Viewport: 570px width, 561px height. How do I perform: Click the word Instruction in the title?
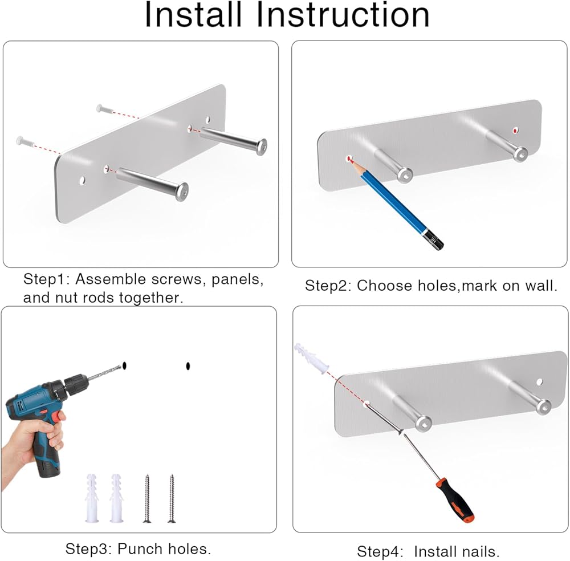[x=343, y=15]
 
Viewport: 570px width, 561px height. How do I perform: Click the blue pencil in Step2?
[x=396, y=203]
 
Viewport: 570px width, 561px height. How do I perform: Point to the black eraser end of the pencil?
[x=434, y=240]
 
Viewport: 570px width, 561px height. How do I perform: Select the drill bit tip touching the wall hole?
[x=120, y=366]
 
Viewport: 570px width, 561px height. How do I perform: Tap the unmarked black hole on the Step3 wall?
[x=188, y=366]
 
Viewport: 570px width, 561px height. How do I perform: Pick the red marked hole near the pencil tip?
[x=349, y=158]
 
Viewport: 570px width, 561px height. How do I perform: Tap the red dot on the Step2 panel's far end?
[x=515, y=130]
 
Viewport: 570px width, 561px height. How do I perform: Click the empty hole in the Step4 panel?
[x=539, y=382]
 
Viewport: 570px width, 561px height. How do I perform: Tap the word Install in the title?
[x=193, y=15]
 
